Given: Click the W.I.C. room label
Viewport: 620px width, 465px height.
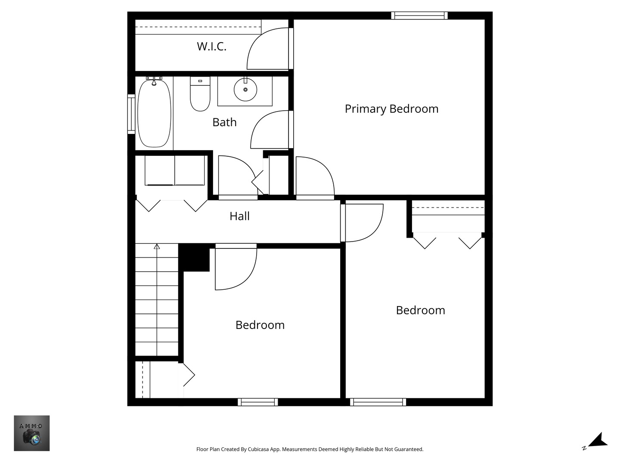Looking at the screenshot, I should (x=211, y=46).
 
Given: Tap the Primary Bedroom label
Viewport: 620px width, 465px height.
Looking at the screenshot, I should (x=391, y=109).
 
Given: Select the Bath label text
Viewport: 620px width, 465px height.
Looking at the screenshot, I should (x=224, y=122).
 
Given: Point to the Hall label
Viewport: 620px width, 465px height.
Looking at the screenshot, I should (x=239, y=216).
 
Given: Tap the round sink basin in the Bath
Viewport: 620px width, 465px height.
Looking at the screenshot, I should (x=245, y=90).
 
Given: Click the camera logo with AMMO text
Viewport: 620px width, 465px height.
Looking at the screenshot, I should (x=32, y=433).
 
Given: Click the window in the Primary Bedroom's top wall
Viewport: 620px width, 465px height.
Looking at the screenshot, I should (x=419, y=15).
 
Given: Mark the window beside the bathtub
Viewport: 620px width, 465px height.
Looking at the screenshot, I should (x=131, y=114).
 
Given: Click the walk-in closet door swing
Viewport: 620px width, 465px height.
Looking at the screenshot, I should (x=267, y=50).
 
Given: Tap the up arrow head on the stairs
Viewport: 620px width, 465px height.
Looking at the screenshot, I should (x=157, y=246).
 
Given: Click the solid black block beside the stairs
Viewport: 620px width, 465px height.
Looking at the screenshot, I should (x=194, y=257).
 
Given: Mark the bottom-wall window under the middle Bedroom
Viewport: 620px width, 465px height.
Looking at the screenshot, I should (x=257, y=402).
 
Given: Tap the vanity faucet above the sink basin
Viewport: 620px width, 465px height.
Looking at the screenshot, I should (x=245, y=80).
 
